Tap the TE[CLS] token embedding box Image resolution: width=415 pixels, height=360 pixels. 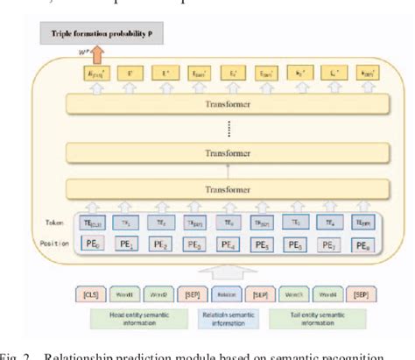click(x=93, y=224)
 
